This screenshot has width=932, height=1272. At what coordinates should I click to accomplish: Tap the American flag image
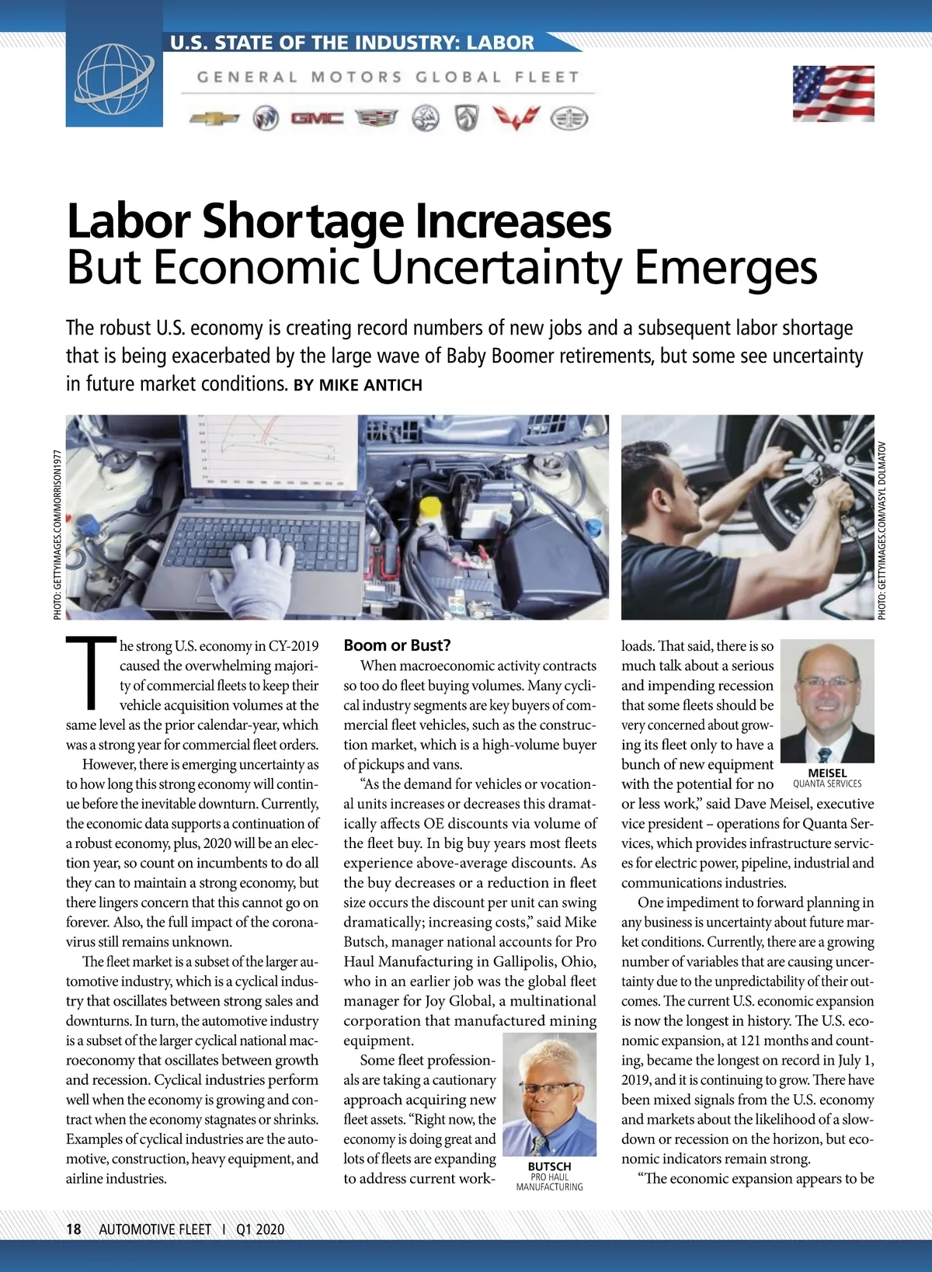pyautogui.click(x=833, y=93)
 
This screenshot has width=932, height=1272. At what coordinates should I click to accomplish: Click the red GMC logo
pyautogui.click(x=317, y=118)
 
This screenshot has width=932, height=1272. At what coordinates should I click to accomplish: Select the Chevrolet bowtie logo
pyautogui.click(x=214, y=119)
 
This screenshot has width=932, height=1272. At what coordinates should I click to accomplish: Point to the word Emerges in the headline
pyautogui.click(x=725, y=268)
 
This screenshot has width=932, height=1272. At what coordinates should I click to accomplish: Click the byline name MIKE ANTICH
pyautogui.click(x=370, y=385)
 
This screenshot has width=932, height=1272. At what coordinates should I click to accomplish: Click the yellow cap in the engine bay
pyautogui.click(x=429, y=509)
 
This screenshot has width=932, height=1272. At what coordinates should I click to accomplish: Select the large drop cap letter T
pyautogui.click(x=91, y=672)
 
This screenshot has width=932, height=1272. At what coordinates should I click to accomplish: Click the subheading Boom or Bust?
pyautogui.click(x=397, y=645)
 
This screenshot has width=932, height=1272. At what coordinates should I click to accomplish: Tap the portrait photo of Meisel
pyautogui.click(x=827, y=700)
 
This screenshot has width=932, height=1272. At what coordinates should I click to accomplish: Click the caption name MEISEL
pyautogui.click(x=827, y=773)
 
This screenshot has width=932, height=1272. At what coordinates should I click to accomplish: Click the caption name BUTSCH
pyautogui.click(x=549, y=1166)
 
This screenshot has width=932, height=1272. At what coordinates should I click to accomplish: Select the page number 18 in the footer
pyautogui.click(x=74, y=1229)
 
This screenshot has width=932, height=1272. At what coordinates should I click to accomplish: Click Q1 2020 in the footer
pyautogui.click(x=260, y=1229)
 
